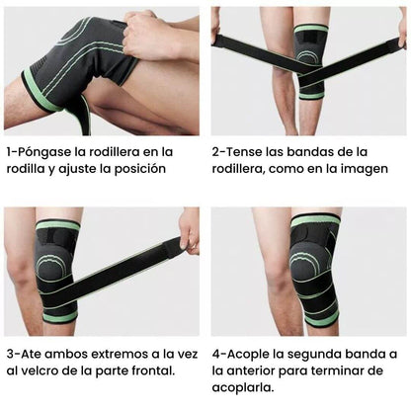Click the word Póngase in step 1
[46, 151]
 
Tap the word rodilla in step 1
[31, 169]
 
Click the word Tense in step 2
[247, 151]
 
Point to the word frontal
[149, 370]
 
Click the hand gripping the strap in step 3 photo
[188, 229]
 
